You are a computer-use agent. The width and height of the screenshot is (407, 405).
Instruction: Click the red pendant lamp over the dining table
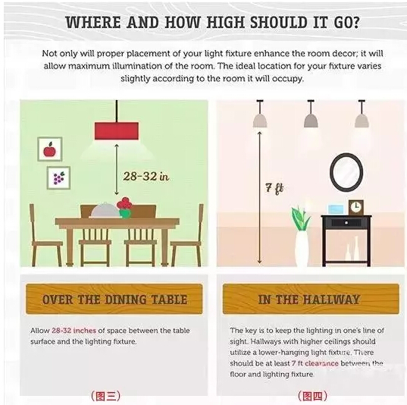click(117, 130)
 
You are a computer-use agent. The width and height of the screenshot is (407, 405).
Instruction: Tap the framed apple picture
click(50, 149)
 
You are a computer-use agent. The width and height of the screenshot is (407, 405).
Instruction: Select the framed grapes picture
click(58, 178)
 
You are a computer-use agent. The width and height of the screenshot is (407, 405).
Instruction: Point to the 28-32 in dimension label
click(146, 177)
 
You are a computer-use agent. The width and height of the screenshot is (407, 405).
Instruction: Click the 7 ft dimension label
click(274, 188)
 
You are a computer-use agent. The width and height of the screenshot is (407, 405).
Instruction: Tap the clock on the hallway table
click(356, 207)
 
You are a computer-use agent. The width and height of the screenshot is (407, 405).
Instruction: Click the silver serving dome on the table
click(105, 210)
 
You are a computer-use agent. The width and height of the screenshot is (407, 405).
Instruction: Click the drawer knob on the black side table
click(346, 223)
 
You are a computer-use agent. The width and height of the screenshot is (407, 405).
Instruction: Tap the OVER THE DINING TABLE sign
click(114, 300)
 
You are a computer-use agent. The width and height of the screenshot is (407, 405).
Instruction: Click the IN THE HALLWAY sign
click(311, 300)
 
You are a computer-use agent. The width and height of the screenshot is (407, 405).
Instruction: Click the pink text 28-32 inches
click(74, 331)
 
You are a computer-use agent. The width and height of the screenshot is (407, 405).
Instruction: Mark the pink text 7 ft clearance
click(315, 363)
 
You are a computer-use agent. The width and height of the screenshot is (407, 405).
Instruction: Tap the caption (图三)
click(105, 396)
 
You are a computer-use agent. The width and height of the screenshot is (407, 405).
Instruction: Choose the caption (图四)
click(312, 396)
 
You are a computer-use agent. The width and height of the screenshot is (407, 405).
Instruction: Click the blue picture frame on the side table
click(336, 209)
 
